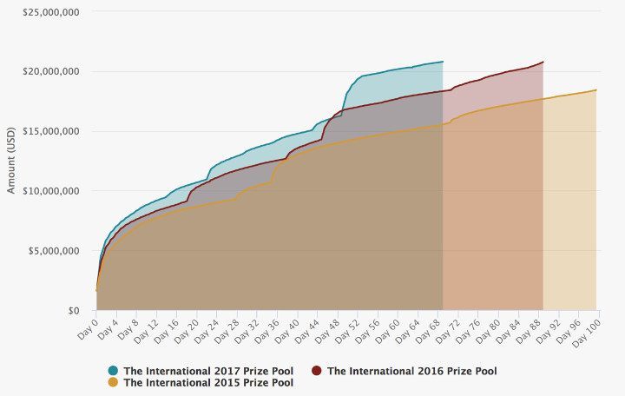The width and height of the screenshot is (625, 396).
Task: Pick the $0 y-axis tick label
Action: click(x=73, y=311)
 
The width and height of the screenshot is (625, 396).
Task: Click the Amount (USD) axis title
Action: click(x=11, y=161)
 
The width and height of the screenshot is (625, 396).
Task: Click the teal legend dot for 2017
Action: click(x=114, y=371)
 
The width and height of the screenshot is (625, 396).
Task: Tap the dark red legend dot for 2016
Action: click(x=317, y=371)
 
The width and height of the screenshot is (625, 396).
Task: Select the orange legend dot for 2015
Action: click(x=114, y=382)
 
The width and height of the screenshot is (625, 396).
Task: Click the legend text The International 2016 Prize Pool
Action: click(x=411, y=371)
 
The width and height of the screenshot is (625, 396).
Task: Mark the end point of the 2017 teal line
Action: click(x=443, y=62)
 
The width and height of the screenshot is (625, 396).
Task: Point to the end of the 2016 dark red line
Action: click(x=543, y=62)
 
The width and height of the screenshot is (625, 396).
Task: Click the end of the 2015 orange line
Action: click(x=596, y=89)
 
